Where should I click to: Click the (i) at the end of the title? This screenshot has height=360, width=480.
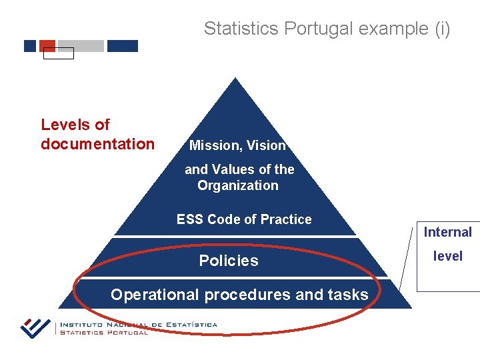coord(441,29)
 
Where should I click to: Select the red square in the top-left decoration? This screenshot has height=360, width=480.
coord(47,45)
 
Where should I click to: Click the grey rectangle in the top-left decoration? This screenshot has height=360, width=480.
coord(81,46)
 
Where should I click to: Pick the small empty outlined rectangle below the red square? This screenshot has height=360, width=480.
coord(58,54)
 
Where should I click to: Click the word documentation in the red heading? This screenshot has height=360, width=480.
coord(97,144)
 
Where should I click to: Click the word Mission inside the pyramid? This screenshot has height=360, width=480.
coord(215,145)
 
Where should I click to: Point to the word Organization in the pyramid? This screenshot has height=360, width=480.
coord(238,185)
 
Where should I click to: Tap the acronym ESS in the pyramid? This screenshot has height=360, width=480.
coord(190,219)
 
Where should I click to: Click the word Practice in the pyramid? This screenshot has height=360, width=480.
coord(286,219)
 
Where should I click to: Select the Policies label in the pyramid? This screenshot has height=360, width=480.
coord(229,261)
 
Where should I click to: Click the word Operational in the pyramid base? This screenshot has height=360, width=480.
coord(155,295)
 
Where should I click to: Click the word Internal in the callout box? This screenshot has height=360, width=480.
coord(447,232)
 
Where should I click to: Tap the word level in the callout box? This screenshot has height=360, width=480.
coord(447,256)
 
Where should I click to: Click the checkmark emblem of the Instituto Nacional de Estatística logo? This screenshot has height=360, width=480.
coord(35,327)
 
